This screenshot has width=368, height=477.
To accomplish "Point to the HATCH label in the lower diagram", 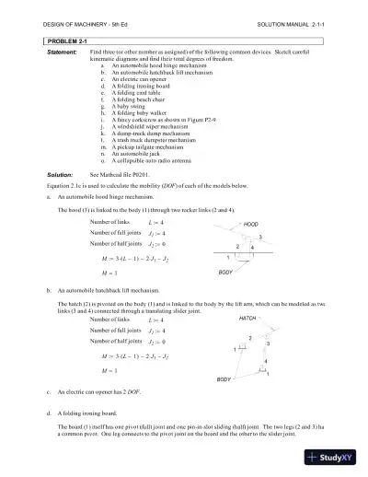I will tap(247, 317).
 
